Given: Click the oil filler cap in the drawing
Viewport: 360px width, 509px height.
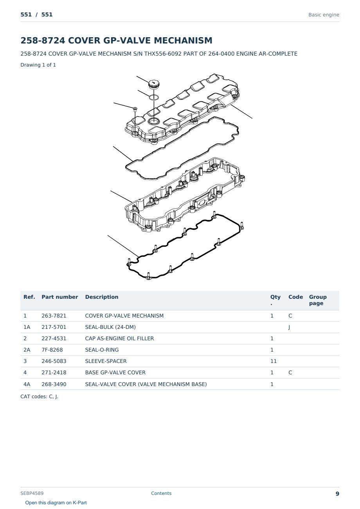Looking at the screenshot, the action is [154, 84].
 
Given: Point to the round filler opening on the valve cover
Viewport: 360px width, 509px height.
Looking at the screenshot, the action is [153, 121].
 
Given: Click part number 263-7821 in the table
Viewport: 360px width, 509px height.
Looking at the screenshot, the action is [54, 316].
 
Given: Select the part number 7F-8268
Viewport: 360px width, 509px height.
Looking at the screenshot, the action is [52, 350].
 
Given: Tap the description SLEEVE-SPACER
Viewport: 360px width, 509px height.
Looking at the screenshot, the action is [106, 361].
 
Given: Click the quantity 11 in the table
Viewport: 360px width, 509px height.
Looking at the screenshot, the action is [274, 361].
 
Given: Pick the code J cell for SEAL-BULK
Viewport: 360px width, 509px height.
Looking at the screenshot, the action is [289, 327].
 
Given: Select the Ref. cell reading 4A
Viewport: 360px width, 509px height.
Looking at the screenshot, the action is [27, 384].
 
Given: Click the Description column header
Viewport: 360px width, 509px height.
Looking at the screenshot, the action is [102, 297].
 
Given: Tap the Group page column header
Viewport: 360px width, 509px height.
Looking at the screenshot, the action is [318, 300].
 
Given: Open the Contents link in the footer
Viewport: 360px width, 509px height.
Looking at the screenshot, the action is [161, 493].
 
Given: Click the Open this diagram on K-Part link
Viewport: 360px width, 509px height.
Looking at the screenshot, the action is [56, 503].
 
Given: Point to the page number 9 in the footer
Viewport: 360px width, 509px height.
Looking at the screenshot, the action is [337, 494].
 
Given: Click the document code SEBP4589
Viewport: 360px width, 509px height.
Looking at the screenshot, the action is [32, 493].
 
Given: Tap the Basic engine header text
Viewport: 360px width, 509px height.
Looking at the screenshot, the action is [324, 15].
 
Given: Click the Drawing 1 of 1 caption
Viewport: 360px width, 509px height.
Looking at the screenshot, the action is [38, 65].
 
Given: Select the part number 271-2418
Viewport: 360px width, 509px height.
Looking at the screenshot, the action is [54, 372].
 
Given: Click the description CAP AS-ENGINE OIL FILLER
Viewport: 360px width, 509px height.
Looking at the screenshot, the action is [119, 338].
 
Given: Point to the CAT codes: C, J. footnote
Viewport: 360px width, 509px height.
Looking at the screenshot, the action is [39, 397].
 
